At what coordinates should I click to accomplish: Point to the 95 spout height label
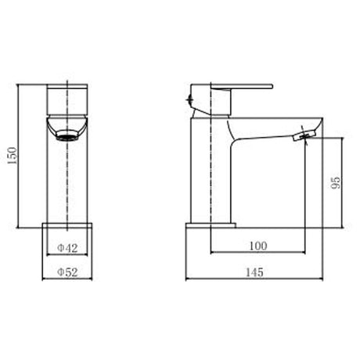click(336, 183)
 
